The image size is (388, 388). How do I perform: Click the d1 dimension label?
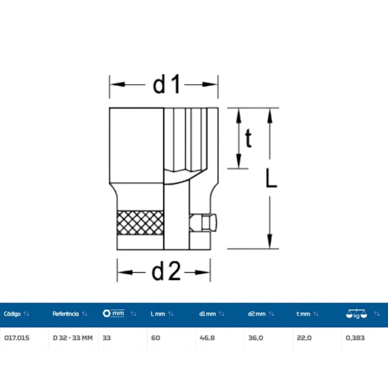[167, 85]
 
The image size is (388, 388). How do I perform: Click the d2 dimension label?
[167, 272]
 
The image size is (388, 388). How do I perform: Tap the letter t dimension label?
[248, 138]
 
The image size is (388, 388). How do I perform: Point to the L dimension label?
[271, 178]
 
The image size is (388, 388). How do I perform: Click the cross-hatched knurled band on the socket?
[140, 223]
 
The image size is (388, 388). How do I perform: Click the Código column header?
[12, 314]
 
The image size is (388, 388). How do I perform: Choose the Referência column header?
[66, 314]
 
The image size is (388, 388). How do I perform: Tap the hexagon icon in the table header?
[106, 313]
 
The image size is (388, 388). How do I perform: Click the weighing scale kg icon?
[356, 314]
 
